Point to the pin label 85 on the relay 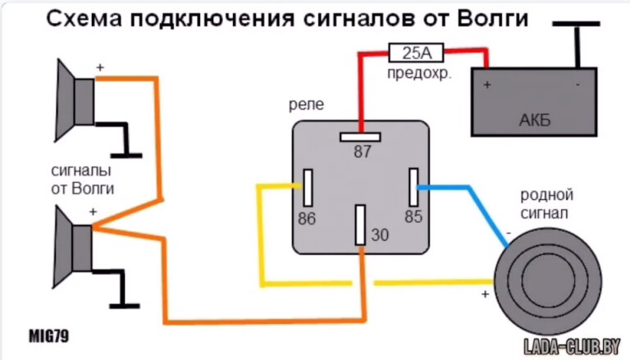(413, 217)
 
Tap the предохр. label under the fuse (418, 73)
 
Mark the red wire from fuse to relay (358, 90)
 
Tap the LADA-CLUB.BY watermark (564, 344)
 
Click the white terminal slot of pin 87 (360, 136)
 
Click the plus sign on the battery (487, 84)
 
